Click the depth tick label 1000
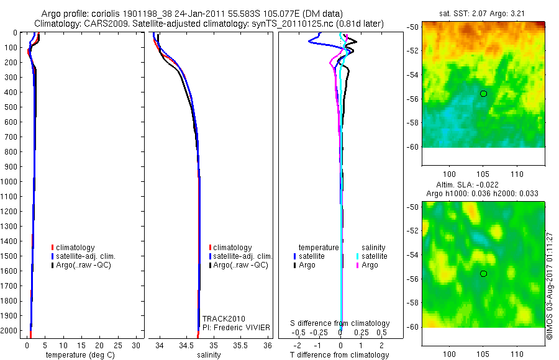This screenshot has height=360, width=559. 10,181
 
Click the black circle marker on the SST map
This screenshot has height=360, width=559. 483,94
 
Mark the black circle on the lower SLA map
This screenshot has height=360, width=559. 483,274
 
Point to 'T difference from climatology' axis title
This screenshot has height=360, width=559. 340,355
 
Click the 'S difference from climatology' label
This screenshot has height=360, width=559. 340,323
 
